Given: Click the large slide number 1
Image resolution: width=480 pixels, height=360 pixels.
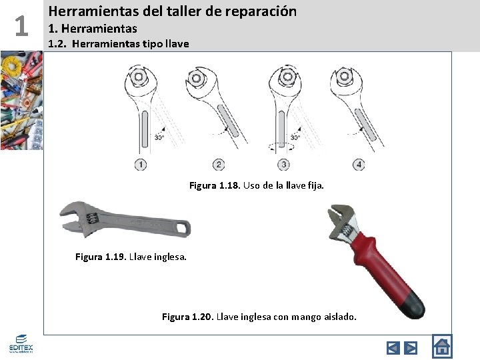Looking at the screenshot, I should [x=21, y=26].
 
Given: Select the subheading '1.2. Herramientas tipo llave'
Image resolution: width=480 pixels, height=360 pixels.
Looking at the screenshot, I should [x=119, y=44].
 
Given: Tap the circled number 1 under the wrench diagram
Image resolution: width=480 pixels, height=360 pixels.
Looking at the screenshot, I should [x=141, y=164].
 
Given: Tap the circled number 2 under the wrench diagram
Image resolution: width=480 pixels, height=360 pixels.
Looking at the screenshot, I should [x=219, y=164].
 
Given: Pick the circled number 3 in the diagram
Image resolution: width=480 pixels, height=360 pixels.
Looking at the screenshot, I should [x=284, y=164].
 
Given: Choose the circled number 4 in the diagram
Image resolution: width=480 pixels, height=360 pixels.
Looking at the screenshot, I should [x=359, y=164].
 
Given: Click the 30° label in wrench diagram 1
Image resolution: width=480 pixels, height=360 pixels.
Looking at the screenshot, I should [x=159, y=137].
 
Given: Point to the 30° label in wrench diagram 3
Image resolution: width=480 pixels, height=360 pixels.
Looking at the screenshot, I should [x=295, y=137].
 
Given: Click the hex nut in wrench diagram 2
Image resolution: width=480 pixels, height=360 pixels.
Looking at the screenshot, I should [x=197, y=79].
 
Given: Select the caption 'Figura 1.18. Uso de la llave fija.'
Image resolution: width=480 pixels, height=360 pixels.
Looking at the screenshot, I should [x=257, y=185].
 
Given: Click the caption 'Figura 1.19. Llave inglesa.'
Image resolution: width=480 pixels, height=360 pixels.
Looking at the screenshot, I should [x=131, y=256].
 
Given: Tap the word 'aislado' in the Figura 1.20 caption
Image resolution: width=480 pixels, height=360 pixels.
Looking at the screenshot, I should [x=339, y=317].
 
